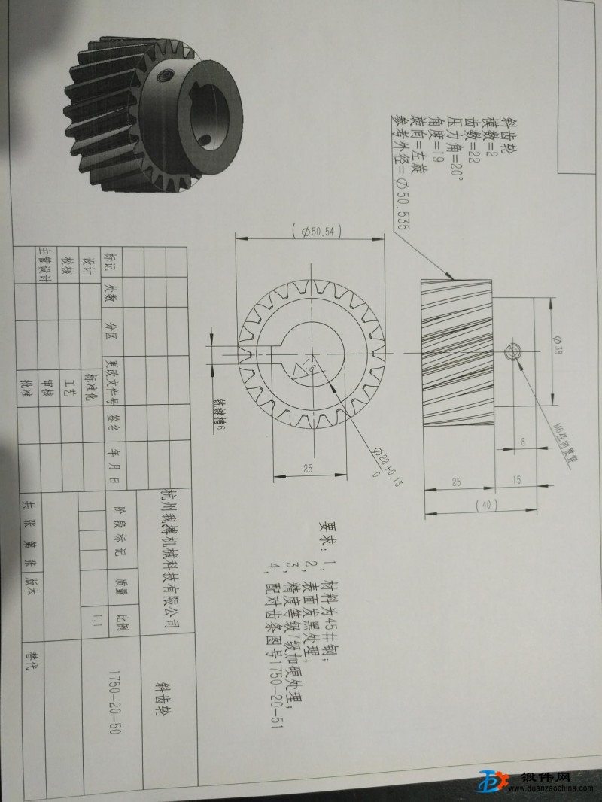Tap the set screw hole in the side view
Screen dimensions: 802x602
(514, 351)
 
